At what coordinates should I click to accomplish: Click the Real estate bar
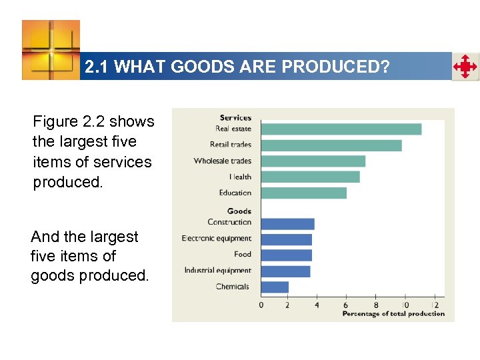pos(341,129)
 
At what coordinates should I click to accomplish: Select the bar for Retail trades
pos(331,145)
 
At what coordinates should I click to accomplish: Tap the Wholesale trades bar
pos(313,161)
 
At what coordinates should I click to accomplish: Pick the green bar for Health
pos(310,177)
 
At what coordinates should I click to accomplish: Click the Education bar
pos(303,193)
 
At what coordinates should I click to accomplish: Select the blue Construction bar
pos(287,224)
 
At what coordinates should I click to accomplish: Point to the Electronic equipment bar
pos(286,239)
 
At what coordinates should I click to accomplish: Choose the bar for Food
pos(286,255)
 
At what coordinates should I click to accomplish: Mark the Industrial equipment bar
pos(285,271)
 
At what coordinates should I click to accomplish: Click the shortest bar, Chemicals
pos(275,287)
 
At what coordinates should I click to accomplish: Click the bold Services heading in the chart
pos(235,118)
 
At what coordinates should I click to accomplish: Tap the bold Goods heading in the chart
pos(239,211)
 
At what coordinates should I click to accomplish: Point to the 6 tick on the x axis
pos(346,305)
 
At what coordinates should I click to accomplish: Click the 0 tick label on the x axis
pos(261,305)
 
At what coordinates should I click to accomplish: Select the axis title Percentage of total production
pos(393,313)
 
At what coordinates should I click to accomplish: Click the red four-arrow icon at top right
pos(465,67)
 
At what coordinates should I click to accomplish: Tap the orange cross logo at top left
pos(51,49)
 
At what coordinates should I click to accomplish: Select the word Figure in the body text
pos(55,122)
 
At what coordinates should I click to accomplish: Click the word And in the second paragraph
pos(45,237)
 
